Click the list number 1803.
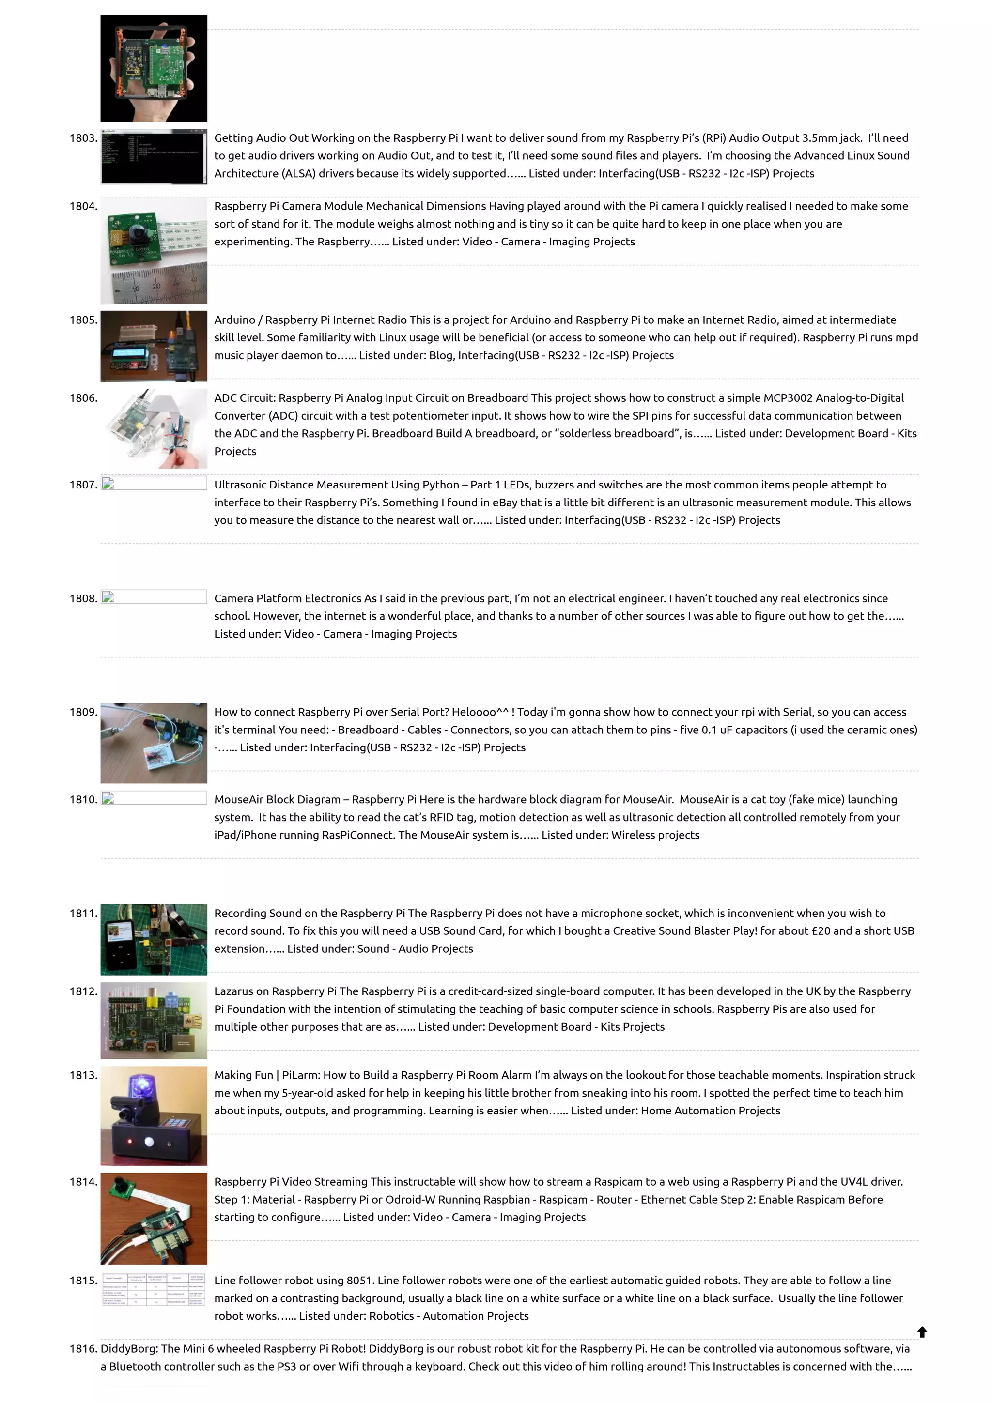(83, 138)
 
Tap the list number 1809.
(83, 712)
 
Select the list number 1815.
(83, 1280)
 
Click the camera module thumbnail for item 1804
(154, 251)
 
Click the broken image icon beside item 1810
(108, 798)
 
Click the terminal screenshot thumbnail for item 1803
(154, 156)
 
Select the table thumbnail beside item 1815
(154, 1289)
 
